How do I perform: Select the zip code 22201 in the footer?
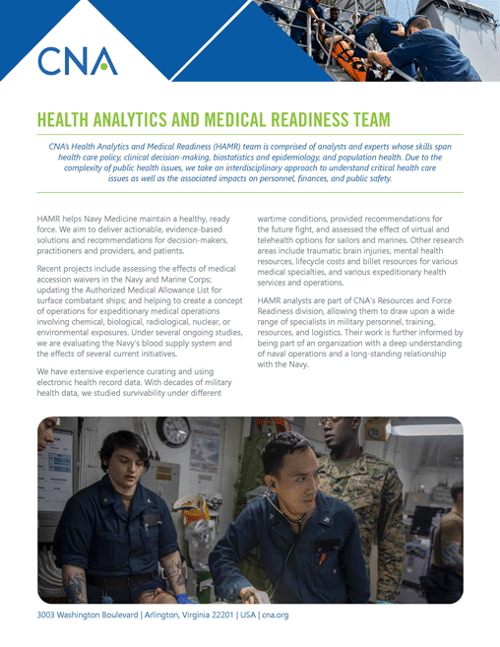click(214, 615)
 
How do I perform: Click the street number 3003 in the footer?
click(46, 615)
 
